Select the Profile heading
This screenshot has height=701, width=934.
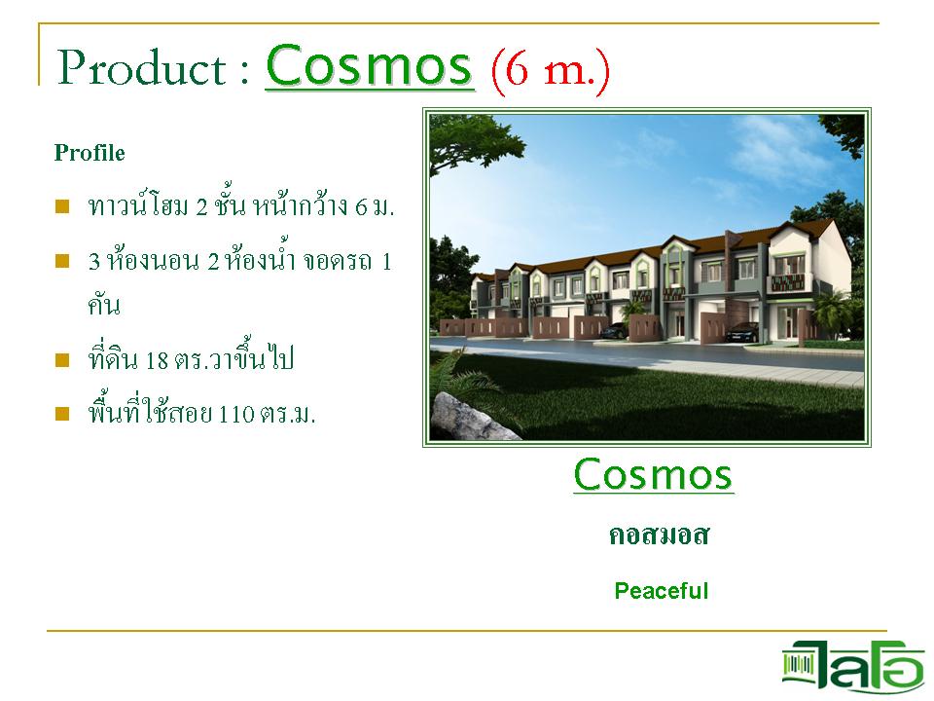tap(90, 153)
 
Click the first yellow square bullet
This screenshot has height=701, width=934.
tap(62, 206)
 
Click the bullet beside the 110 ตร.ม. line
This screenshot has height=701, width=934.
tap(62, 413)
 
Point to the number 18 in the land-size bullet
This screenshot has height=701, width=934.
tap(157, 360)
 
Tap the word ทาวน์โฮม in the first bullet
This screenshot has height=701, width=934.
tap(138, 205)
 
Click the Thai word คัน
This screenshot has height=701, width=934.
tap(104, 305)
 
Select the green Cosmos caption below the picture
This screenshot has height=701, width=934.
tap(653, 474)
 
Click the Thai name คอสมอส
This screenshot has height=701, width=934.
tap(659, 535)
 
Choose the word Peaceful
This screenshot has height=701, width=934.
tap(662, 591)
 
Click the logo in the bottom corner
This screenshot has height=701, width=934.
tap(853, 666)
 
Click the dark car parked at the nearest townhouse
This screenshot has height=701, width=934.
tap(741, 331)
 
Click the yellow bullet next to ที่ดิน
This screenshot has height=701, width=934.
tap(62, 360)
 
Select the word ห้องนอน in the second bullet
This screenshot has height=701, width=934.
tap(152, 261)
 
